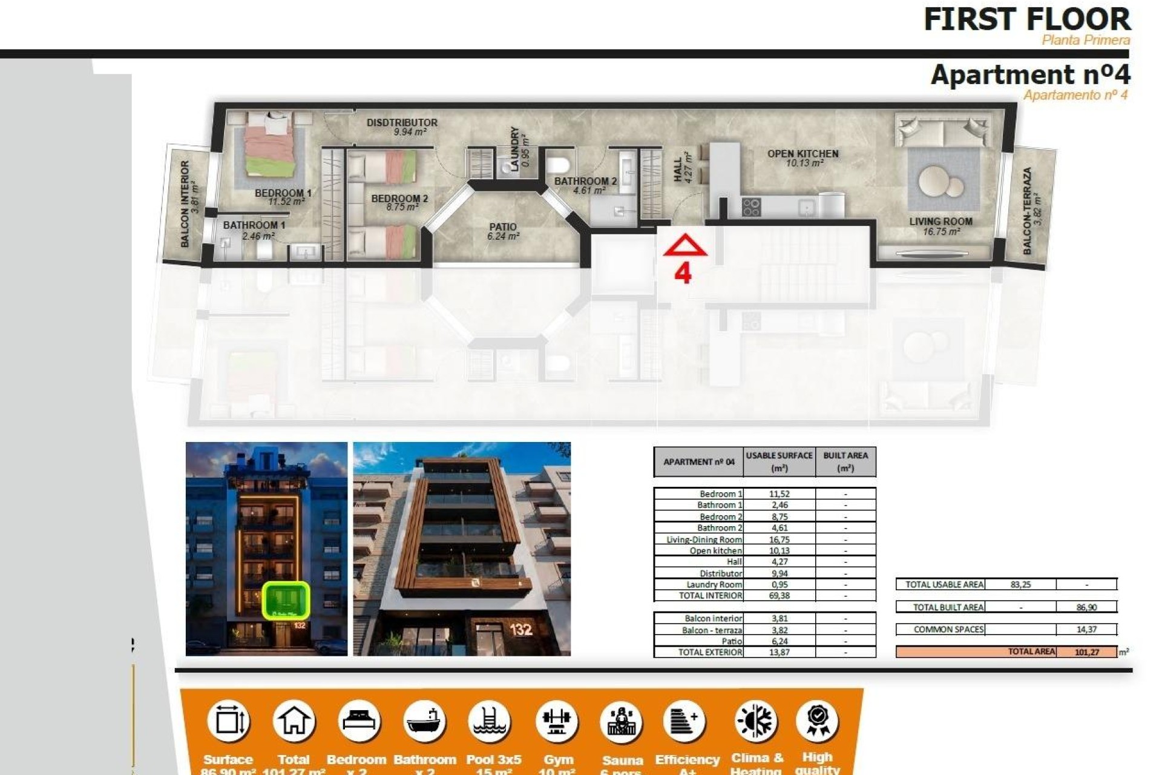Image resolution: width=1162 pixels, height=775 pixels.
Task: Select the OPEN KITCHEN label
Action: point(803,154)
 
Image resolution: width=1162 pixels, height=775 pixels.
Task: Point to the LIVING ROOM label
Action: point(940,222)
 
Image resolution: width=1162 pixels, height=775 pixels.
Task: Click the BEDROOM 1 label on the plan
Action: point(283,193)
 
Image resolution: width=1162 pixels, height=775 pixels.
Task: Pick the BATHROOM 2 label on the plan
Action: point(585,181)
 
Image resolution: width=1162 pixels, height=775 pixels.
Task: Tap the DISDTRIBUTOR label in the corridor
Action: point(402,122)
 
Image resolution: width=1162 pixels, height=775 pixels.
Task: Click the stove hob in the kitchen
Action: point(751,207)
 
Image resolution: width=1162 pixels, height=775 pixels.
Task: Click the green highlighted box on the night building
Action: point(286,600)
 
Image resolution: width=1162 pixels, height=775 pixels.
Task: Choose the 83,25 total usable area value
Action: point(1020,584)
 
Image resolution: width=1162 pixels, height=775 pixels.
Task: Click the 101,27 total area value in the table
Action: point(1087,652)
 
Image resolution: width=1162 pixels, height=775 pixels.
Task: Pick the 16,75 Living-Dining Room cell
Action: point(779,539)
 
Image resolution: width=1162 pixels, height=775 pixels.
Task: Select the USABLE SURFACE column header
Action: point(779,461)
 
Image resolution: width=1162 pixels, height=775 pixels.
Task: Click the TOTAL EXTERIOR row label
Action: point(709,652)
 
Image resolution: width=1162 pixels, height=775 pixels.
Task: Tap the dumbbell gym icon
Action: point(557,721)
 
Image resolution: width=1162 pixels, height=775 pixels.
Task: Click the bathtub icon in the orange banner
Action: point(424,721)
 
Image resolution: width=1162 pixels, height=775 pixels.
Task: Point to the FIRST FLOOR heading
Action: point(1026,19)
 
